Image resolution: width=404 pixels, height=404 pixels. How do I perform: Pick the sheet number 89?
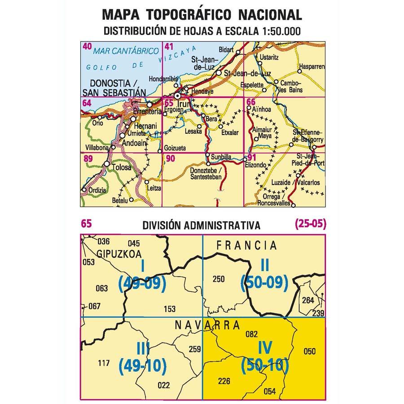click(88, 158)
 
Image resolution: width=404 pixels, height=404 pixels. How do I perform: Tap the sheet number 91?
click(252, 157)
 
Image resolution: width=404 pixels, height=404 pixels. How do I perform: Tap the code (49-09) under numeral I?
click(142, 282)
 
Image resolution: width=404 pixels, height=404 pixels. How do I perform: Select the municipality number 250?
click(218, 280)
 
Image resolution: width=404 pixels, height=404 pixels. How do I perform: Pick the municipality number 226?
click(223, 382)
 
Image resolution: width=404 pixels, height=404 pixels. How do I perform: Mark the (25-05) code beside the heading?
click(310, 223)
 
